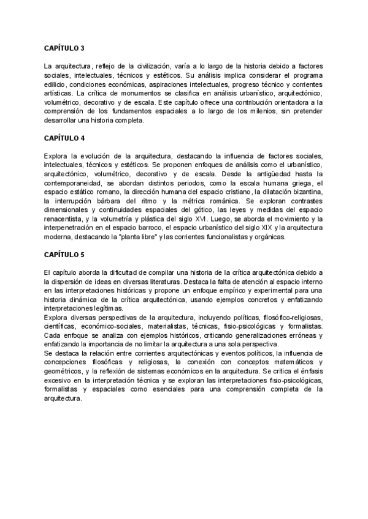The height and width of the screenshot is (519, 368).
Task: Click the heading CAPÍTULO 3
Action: click(64, 47)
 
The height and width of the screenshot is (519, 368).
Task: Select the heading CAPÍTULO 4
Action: click(64, 138)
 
